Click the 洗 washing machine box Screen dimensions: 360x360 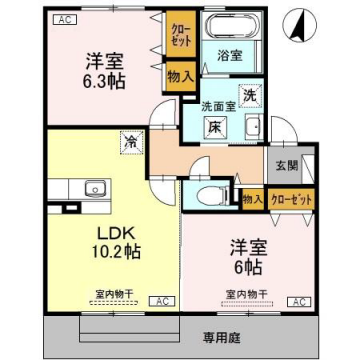[x=250, y=94]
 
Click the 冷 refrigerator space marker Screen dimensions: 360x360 [x=130, y=142]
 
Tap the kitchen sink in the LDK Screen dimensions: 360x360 [x=96, y=187]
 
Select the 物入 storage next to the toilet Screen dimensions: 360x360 [x=251, y=200]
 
